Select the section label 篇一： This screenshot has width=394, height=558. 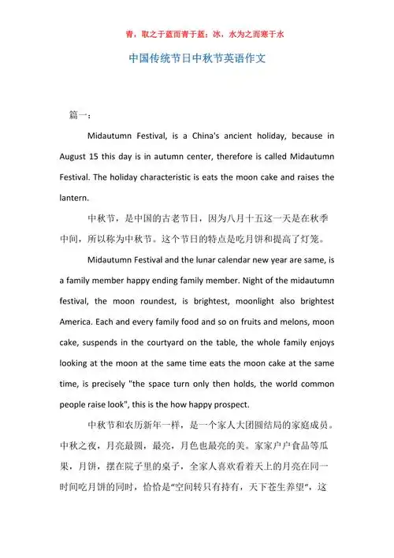pos(80,115)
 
